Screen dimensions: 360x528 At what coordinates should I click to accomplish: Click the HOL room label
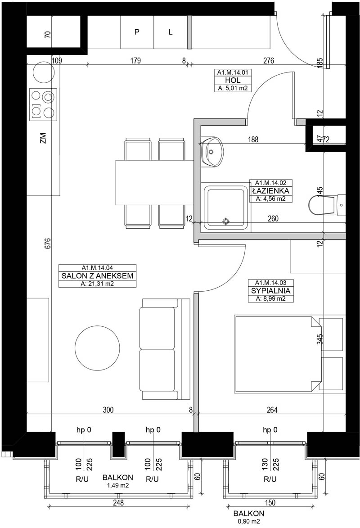[233, 80]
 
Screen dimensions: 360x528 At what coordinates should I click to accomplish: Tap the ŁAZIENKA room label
[271, 191]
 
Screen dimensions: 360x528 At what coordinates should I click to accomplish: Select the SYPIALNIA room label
[271, 291]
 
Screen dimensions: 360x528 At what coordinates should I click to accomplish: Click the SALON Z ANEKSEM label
[97, 276]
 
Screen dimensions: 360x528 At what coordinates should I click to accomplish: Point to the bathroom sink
[212, 152]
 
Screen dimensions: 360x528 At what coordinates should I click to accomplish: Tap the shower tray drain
[225, 221]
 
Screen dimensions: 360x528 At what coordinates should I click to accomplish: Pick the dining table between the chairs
[154, 182]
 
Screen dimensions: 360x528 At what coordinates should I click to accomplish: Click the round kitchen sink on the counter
[44, 72]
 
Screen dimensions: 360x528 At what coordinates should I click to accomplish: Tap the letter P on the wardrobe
[137, 32]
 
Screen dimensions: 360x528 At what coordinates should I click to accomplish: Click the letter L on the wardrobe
[171, 32]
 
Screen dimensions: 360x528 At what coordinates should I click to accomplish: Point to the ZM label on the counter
[43, 138]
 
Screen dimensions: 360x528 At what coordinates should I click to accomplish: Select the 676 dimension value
[47, 244]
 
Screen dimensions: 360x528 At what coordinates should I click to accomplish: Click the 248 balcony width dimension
[118, 502]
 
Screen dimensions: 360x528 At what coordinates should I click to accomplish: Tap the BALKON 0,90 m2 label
[249, 517]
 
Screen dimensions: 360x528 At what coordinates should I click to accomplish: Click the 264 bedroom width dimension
[272, 410]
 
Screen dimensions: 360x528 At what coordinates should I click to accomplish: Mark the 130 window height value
[265, 464]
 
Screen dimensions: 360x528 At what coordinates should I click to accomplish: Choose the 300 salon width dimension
[108, 410]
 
